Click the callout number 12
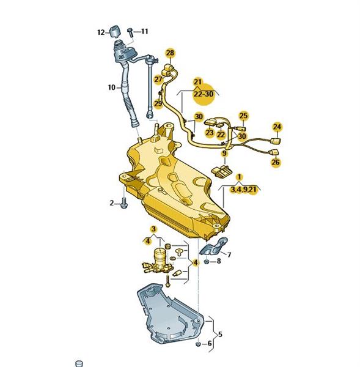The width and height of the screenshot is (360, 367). click(x=101, y=32)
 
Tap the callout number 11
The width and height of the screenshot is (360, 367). click(x=145, y=31)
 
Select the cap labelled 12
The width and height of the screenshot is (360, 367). click(x=115, y=31)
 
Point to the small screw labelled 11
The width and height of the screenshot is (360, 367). click(x=130, y=32)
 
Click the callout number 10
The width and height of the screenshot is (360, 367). click(x=112, y=87)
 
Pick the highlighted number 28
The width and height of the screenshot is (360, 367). click(x=171, y=53)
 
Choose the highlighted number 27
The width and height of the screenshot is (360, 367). click(x=158, y=80)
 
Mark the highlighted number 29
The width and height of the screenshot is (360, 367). click(x=158, y=103)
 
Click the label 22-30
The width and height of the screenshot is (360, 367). click(x=204, y=94)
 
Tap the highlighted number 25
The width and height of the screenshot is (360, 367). click(x=243, y=116)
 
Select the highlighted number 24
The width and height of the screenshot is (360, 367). click(x=277, y=127)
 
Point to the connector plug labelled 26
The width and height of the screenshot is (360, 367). click(x=274, y=152)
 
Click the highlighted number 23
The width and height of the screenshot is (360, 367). click(x=210, y=133)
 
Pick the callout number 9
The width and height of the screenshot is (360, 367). click(x=224, y=154)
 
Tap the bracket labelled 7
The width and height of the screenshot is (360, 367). click(x=213, y=247)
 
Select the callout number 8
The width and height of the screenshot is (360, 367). click(x=219, y=261)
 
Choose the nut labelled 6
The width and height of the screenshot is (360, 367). click(x=198, y=344)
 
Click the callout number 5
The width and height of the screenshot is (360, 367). click(x=220, y=335)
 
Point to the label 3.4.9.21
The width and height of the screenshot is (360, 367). click(x=243, y=190)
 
